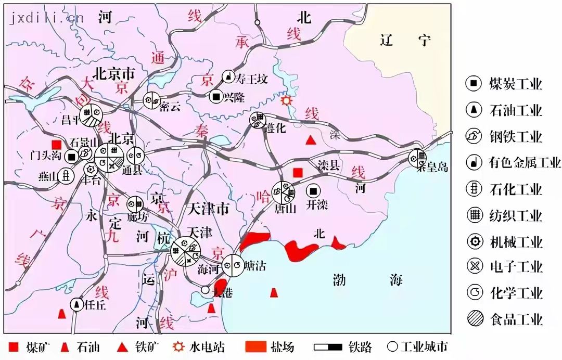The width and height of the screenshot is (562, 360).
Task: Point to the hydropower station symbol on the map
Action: [285, 100]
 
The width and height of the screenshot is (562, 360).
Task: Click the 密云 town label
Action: [170, 107]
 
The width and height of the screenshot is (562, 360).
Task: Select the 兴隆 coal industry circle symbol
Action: [216, 96]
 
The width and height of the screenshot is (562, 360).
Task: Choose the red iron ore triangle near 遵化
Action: [311, 140]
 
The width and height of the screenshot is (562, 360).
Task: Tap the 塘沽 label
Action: [255, 266]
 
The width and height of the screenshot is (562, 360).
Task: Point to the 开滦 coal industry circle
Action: [313, 190]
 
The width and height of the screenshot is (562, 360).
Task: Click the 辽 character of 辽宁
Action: [387, 40]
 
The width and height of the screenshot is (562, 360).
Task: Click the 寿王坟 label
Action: [251, 79]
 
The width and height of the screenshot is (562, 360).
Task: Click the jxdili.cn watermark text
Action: [46, 18]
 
